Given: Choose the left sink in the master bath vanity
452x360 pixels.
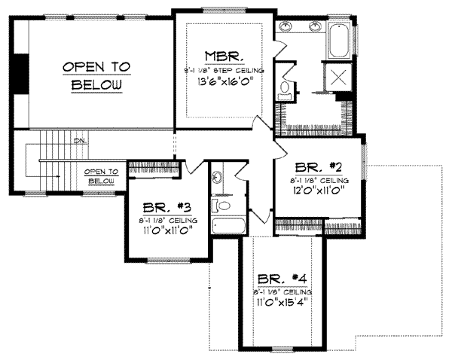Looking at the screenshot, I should pos(287,27).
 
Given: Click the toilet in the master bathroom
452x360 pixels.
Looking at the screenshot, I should pos(285,90).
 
